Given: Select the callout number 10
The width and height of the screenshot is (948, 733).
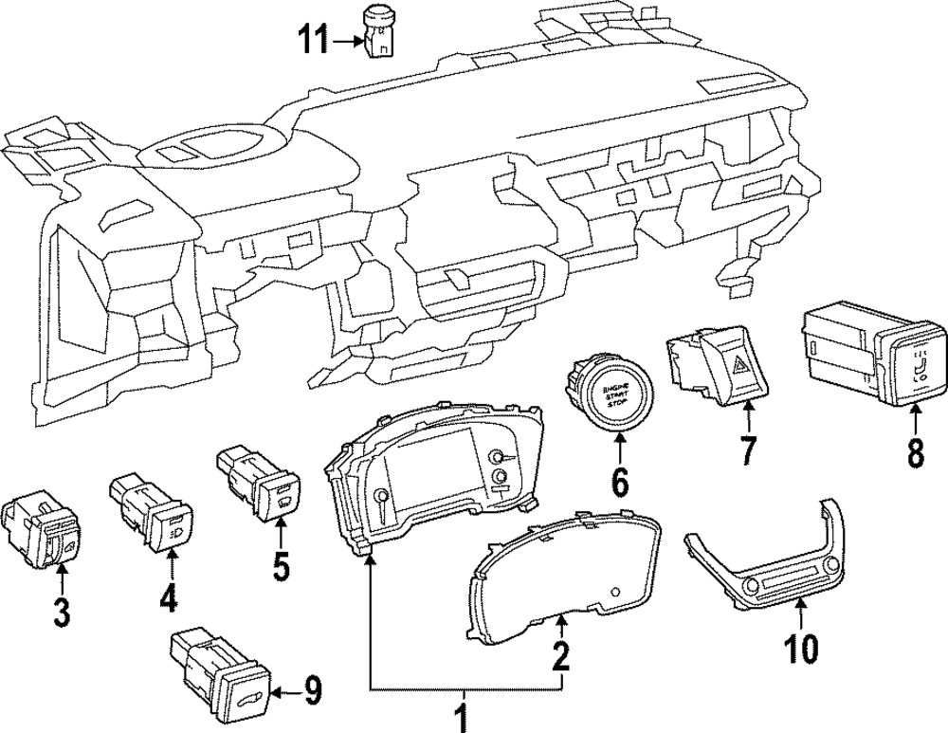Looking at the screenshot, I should tap(801, 649).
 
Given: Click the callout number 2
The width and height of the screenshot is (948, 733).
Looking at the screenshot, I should tap(561, 653).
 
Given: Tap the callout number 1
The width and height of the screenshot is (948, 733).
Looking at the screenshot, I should tap(464, 713).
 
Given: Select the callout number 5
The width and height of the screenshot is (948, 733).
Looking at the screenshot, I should tap(281, 566).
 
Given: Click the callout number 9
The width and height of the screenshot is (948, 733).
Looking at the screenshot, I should tap(312, 694).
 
